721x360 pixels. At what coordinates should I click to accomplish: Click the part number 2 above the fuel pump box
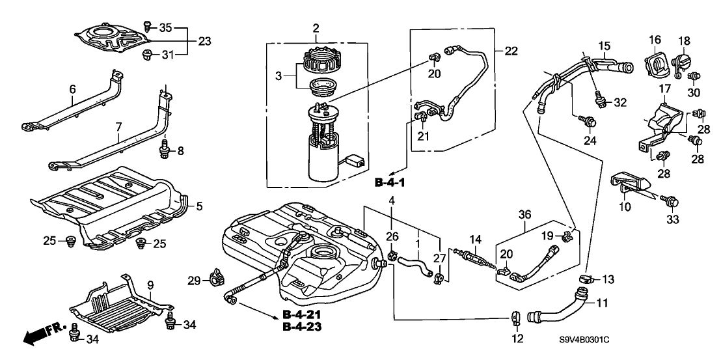[x=316, y=28]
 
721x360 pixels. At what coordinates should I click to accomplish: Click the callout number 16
[x=655, y=40]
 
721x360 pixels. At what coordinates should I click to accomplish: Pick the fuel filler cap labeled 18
[x=683, y=64]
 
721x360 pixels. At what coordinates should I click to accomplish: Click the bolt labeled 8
[x=163, y=151]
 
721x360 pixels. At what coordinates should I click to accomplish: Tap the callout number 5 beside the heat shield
[x=200, y=206]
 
